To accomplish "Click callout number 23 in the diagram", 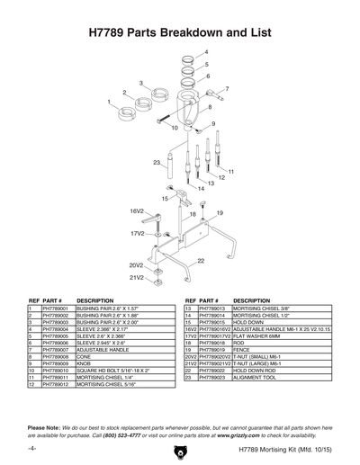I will pos(157,162).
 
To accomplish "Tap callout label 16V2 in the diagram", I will pos(137,210).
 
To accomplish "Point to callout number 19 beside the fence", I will pos(219,213).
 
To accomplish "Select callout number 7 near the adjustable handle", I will pos(227,89).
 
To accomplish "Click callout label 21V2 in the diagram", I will pos(136,278).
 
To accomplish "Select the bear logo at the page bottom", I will pos(180,449).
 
